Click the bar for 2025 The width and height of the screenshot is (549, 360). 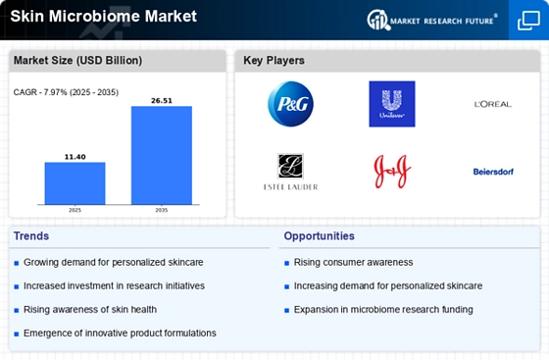(75, 183)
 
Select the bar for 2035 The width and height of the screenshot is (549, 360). (162, 155)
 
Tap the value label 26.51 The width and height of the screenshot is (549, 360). (162, 100)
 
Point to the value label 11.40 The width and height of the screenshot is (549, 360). (75, 157)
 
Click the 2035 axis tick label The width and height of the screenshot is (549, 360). (162, 210)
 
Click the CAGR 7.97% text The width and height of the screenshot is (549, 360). (66, 92)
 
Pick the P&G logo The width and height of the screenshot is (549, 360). (290, 104)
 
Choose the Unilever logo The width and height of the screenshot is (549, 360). (392, 104)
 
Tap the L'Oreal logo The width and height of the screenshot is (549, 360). (493, 104)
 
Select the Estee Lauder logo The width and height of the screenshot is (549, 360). (290, 172)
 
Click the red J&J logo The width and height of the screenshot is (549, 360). (392, 172)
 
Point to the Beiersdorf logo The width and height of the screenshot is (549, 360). (493, 172)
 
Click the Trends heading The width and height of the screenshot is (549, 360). (31, 236)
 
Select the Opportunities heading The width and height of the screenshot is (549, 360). (319, 236)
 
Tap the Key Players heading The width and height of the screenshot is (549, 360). (274, 60)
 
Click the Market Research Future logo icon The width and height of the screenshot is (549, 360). (377, 20)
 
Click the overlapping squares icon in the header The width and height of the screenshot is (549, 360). (528, 21)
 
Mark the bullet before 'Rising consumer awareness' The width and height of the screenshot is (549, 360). (286, 263)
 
